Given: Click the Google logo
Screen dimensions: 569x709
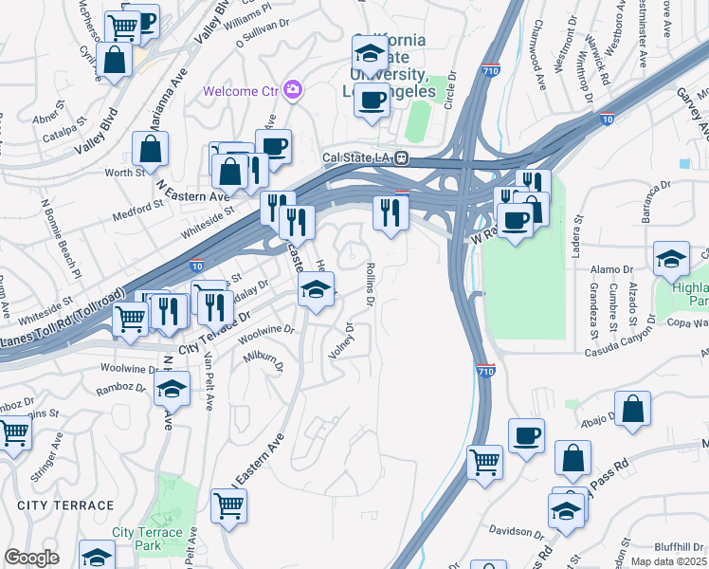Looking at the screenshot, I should (31, 558).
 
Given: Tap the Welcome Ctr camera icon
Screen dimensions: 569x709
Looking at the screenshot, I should (292, 90).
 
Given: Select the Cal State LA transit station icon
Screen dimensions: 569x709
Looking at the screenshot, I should (402, 157).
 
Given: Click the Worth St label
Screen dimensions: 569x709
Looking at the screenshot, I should (124, 173).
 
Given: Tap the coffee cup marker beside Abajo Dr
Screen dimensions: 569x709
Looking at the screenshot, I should (526, 436).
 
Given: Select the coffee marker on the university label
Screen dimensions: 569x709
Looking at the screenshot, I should (372, 99).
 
